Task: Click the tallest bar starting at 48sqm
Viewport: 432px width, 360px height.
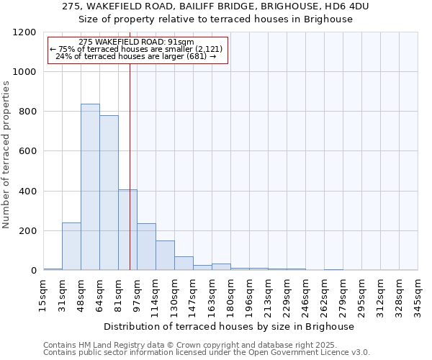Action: click(x=90, y=187)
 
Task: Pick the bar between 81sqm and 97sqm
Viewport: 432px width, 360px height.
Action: click(x=127, y=230)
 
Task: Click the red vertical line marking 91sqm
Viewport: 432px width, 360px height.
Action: click(x=130, y=166)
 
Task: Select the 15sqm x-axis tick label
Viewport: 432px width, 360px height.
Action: click(x=44, y=294)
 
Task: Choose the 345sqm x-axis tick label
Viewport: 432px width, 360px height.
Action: click(x=418, y=294)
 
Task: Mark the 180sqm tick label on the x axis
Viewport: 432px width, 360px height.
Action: click(x=230, y=294)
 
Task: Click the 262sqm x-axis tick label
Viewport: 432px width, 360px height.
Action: click(x=324, y=294)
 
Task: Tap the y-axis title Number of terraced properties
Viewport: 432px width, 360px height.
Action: click(x=6, y=154)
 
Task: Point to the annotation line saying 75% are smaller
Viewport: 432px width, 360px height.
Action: click(x=137, y=49)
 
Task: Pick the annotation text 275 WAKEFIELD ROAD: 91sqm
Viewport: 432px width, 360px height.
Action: click(x=137, y=42)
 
